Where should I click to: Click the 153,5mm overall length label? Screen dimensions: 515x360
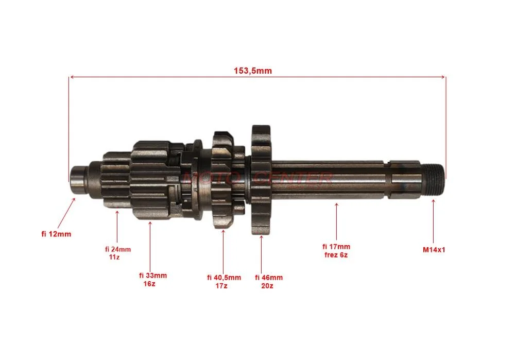pos(252,71)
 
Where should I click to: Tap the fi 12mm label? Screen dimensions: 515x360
pos(56,234)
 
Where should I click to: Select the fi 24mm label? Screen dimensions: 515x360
pos(118,249)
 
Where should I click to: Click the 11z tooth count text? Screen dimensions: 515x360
pos(114,257)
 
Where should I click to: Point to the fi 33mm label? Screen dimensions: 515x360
pos(153,276)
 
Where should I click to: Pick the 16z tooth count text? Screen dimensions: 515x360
pos(149,283)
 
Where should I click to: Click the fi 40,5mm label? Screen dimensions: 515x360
pos(224,278)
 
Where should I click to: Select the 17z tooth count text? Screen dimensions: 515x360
pos(221,286)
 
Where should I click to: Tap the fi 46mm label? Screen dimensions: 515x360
pos(269,278)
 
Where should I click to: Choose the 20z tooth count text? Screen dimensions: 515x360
pos(267,286)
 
